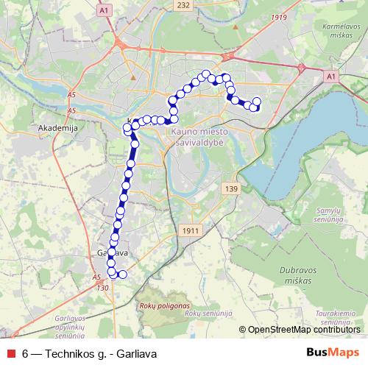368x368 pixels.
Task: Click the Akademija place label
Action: coord(52,127)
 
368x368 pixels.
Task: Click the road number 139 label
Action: coord(233,189)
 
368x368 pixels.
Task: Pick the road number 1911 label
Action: coord(190,230)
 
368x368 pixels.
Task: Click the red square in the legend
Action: coord(10,353)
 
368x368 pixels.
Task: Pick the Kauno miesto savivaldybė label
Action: coord(200,135)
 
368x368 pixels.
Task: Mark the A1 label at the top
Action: coord(104,10)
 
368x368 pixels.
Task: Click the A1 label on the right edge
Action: coord(330,76)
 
